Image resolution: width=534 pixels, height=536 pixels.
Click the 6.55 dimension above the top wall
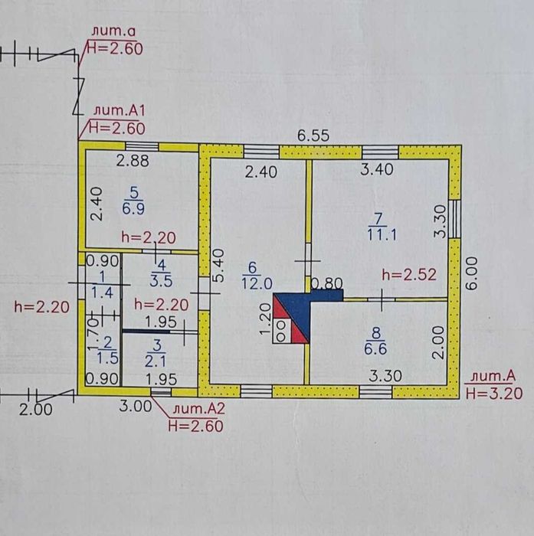tap(313, 136)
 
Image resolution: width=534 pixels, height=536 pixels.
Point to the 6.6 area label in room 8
tap(375, 349)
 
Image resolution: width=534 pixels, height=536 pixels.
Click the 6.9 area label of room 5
tap(133, 208)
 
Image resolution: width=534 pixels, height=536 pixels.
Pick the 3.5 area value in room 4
tap(161, 281)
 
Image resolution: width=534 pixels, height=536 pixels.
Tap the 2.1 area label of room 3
tap(156, 361)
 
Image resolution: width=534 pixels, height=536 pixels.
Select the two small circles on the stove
tap(281, 331)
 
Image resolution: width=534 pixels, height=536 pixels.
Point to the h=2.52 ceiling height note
tap(409, 275)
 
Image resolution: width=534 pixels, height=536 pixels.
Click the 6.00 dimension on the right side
tap(472, 273)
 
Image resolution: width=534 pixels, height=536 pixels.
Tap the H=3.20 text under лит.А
tap(494, 394)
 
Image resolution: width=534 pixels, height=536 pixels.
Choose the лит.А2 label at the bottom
tap(198, 409)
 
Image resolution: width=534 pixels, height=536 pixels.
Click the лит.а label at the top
tap(113, 31)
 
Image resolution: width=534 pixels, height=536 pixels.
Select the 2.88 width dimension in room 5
tap(133, 161)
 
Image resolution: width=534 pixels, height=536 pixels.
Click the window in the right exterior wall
tap(454, 219)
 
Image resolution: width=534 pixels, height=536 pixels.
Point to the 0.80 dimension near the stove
tap(327, 283)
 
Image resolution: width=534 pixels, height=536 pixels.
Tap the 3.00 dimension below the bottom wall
tap(136, 407)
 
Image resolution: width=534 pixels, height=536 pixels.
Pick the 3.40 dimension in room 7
tap(377, 169)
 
